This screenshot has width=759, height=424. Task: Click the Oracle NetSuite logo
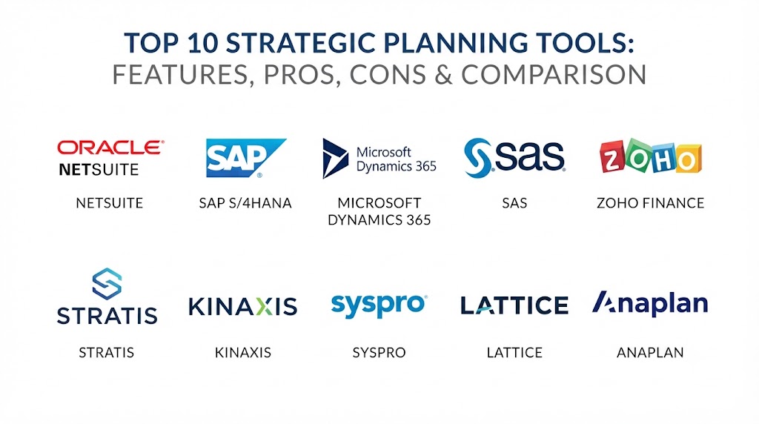click(111, 159)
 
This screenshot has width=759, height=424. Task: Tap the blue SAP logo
click(245, 159)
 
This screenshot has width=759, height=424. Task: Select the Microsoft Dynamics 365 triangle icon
click(335, 159)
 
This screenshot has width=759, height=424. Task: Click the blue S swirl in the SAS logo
click(478, 158)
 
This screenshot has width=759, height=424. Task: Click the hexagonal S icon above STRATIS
click(107, 284)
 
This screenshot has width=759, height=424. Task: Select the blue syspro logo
click(379, 306)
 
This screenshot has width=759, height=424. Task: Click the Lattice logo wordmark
click(514, 305)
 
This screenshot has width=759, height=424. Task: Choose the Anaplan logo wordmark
click(650, 303)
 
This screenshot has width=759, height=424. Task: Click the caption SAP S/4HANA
click(245, 203)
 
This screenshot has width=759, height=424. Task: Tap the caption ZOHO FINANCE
click(650, 203)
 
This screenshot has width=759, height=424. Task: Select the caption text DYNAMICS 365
click(379, 219)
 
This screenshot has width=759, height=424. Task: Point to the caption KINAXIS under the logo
click(243, 352)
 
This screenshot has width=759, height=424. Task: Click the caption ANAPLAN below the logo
click(650, 352)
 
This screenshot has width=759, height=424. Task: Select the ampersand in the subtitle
click(443, 75)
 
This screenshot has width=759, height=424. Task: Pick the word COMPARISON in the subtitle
click(554, 75)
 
